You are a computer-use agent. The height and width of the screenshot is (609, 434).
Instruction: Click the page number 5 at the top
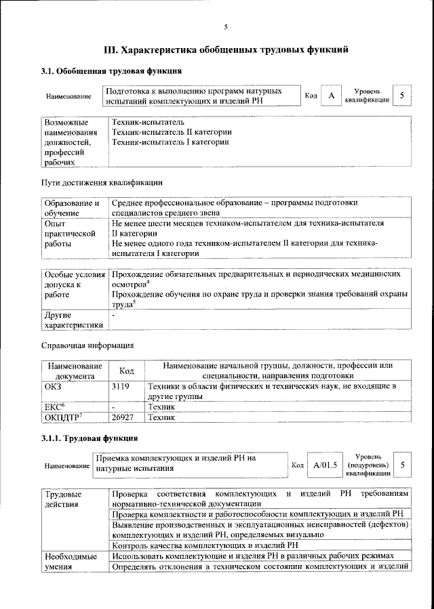point(226,27)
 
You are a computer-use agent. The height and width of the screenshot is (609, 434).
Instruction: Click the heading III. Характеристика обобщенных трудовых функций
point(226,50)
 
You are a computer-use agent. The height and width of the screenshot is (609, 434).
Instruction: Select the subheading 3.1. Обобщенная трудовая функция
point(111,71)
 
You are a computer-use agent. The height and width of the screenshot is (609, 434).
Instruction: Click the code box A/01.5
point(325,465)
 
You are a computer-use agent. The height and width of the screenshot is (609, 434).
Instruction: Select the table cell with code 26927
point(124,418)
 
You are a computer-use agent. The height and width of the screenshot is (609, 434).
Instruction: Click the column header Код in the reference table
point(126,371)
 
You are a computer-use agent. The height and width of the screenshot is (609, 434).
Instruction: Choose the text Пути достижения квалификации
point(102,182)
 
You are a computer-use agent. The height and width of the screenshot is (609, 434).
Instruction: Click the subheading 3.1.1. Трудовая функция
point(90,439)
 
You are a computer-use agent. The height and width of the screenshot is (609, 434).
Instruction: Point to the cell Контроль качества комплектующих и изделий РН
point(205,545)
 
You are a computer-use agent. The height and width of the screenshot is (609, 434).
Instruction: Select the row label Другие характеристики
point(72,320)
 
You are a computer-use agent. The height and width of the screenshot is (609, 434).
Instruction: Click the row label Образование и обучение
point(72,207)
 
